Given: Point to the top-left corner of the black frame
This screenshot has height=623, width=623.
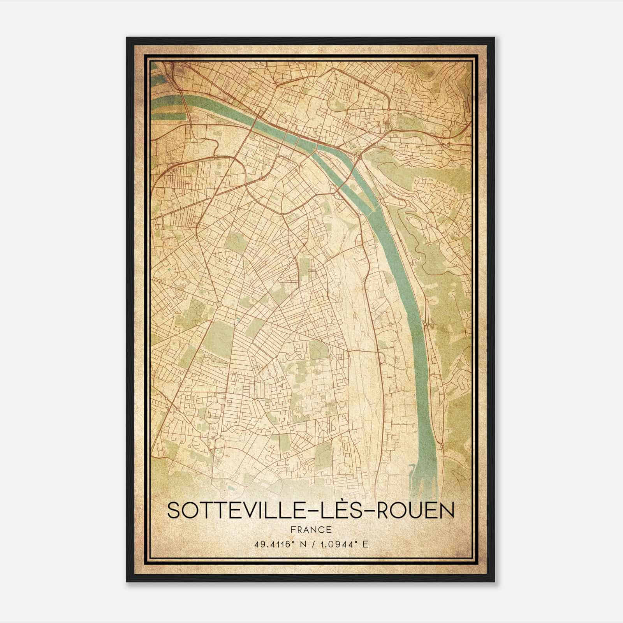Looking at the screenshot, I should [127, 38].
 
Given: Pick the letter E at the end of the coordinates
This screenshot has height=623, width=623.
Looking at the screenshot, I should [365, 544].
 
